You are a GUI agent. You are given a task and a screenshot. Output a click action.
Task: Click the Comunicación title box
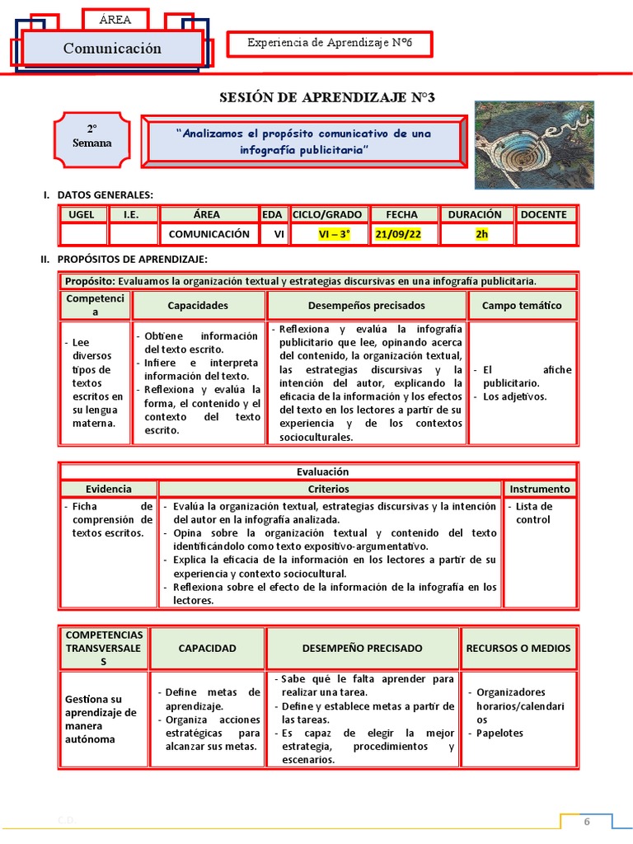click(x=112, y=49)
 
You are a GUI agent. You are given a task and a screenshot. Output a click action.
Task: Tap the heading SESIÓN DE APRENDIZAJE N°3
click(x=326, y=98)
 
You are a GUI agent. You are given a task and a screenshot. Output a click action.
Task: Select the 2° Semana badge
click(x=92, y=136)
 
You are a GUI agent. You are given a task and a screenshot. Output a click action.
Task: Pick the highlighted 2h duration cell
click(x=481, y=234)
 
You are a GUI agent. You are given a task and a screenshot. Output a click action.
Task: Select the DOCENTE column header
click(x=543, y=214)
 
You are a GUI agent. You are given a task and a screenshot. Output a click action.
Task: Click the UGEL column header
click(x=83, y=214)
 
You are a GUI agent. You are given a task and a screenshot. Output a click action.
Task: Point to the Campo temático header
click(x=521, y=305)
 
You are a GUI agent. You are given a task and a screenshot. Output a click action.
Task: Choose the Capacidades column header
click(x=198, y=305)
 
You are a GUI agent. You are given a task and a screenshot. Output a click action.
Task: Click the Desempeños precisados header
click(x=366, y=305)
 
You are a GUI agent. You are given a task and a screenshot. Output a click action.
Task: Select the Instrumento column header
click(x=539, y=489)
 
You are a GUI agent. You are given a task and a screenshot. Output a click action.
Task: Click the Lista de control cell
click(x=533, y=513)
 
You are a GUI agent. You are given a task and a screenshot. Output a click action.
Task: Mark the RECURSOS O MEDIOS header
click(x=518, y=648)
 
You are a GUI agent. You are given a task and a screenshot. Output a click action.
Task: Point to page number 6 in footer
click(x=588, y=823)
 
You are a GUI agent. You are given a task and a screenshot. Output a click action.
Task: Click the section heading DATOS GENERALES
click(x=105, y=195)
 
